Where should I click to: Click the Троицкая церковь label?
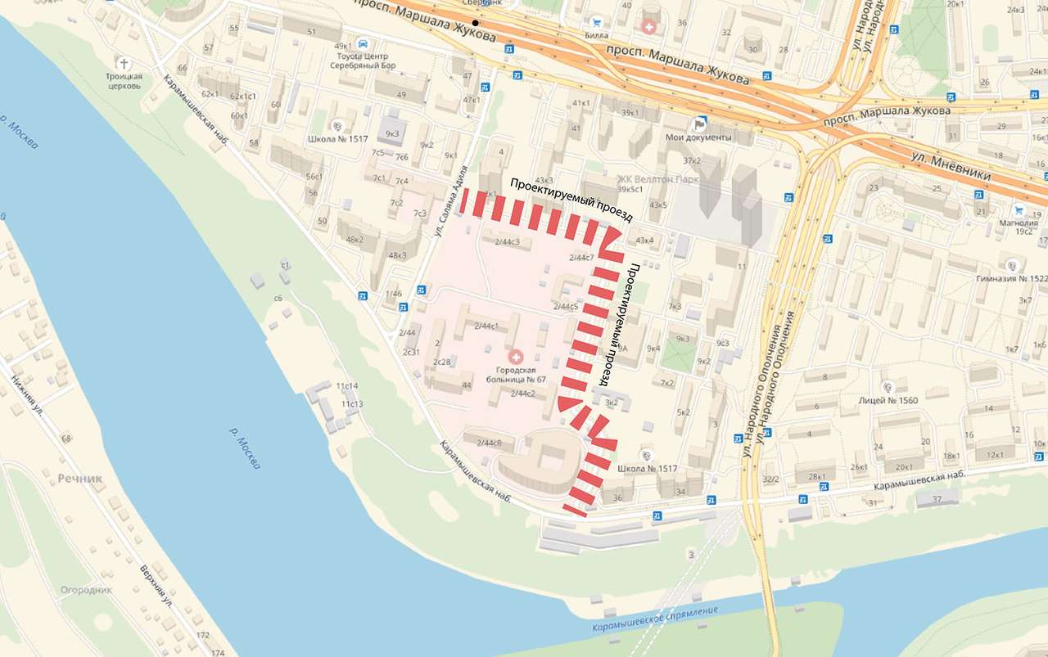click(x=124, y=81)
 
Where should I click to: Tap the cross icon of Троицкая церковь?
click(x=124, y=63)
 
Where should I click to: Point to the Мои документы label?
click(x=698, y=137)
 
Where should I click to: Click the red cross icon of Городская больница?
click(x=516, y=357)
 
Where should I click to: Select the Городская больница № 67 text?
click(x=515, y=374)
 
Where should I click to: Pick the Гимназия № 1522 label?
click(x=1012, y=278)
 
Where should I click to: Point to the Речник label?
click(x=79, y=478)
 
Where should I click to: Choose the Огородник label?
click(x=86, y=590)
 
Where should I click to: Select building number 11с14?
click(x=347, y=385)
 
